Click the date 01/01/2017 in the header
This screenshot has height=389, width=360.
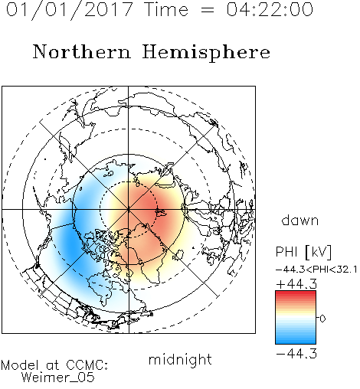tap(70, 10)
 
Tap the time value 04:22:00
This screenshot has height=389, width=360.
tap(270, 9)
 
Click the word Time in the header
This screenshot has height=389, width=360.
tap(166, 9)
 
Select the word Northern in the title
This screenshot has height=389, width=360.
tap(81, 51)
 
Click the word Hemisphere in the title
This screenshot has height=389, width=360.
tap(206, 53)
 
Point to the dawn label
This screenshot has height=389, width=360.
tap(300, 220)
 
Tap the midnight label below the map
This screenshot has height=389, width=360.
tap(180, 360)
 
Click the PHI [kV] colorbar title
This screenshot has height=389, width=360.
tap(303, 252)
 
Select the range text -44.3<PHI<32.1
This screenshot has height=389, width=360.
tap(316, 270)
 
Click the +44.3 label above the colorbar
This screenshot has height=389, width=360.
tap(296, 284)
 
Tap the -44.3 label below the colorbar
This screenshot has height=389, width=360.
tap(296, 354)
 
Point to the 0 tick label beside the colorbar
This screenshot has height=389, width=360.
tap(322, 319)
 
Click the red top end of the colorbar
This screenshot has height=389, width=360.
tap(296, 293)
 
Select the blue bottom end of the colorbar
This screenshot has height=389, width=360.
tap(296, 342)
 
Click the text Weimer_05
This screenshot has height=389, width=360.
tap(58, 378)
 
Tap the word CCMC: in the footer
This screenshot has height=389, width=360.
tap(87, 365)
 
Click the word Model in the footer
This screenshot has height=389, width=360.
tap(20, 365)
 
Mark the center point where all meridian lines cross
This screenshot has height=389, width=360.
tap(129, 209)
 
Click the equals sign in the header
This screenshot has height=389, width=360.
tap(208, 11)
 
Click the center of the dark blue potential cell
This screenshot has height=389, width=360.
tap(70, 243)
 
